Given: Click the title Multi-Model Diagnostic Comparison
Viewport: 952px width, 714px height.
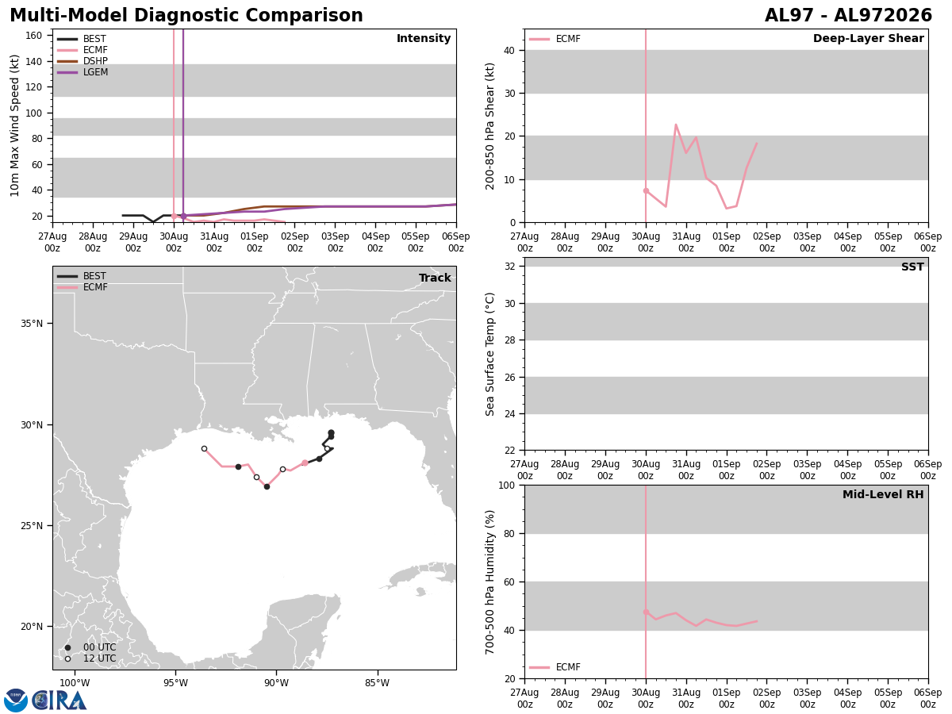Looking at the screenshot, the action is click(x=186, y=15).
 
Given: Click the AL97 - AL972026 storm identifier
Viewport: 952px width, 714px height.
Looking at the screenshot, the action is click(x=848, y=15).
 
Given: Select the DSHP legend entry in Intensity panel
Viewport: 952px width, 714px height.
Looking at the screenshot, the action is click(x=83, y=61).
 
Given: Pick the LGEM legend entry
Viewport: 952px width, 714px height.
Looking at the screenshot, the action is click(x=83, y=72).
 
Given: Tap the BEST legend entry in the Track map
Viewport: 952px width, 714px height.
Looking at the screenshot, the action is click(x=82, y=276).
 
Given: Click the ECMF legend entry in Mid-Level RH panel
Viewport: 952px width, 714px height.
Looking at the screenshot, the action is click(x=555, y=667).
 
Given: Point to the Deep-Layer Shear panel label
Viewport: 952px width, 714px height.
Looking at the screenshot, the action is click(x=868, y=39).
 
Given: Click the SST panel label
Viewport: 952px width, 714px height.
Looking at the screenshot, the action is click(x=912, y=267).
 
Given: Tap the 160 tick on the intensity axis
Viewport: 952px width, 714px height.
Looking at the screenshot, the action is click(x=34, y=36).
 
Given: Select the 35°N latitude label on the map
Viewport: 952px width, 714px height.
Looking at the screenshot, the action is click(x=32, y=324).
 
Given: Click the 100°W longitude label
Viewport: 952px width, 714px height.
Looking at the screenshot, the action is click(x=75, y=683).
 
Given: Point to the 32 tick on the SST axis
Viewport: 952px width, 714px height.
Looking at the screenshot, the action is click(x=510, y=267).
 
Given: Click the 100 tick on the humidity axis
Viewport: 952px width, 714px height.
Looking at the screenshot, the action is click(x=507, y=485).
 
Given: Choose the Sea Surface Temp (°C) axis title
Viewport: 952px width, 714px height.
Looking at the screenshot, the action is click(x=489, y=354).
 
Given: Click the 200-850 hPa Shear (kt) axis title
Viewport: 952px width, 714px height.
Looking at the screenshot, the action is click(x=489, y=126).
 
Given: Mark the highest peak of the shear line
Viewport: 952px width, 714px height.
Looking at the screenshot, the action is click(x=676, y=125).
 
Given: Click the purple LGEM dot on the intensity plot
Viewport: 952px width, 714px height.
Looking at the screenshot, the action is click(x=183, y=216).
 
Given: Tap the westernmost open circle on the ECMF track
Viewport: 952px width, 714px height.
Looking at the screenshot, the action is click(x=204, y=449).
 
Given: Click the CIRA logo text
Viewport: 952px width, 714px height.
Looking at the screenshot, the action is click(x=59, y=701).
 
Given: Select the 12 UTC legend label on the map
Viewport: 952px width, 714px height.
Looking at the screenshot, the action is click(x=100, y=658).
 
